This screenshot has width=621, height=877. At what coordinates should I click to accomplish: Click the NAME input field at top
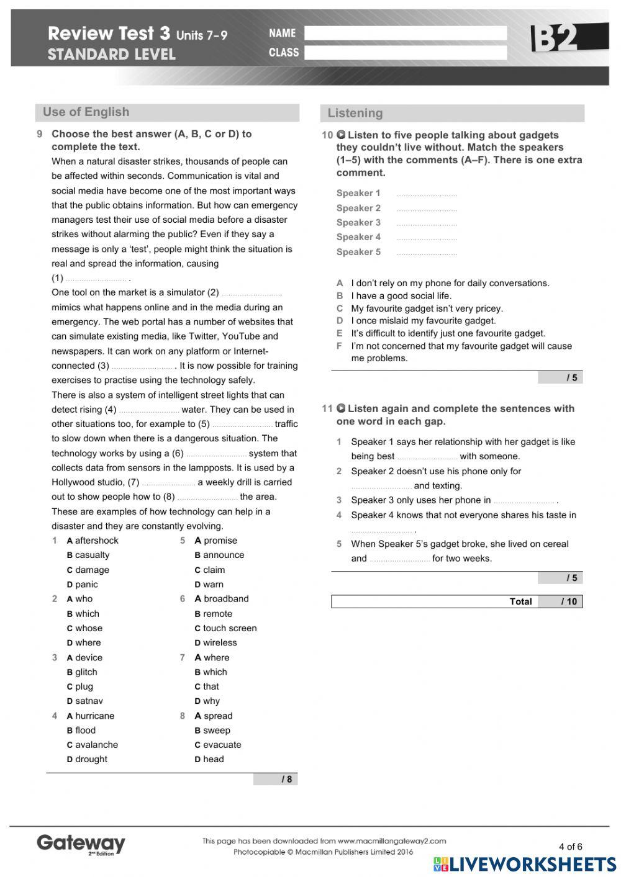click(x=405, y=34)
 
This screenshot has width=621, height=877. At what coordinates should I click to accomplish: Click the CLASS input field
click(x=405, y=53)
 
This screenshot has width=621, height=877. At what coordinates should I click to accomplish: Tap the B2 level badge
click(x=568, y=38)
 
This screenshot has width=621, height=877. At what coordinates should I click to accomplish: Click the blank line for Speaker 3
click(x=427, y=223)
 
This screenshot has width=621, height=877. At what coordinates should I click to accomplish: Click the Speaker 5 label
click(x=358, y=252)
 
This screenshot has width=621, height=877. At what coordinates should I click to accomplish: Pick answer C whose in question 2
click(x=84, y=628)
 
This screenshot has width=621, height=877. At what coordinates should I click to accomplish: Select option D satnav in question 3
click(x=85, y=701)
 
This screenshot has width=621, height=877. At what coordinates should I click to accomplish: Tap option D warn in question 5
click(x=209, y=585)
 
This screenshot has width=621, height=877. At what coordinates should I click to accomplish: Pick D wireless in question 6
click(x=215, y=643)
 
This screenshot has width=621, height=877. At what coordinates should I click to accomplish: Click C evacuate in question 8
click(x=218, y=745)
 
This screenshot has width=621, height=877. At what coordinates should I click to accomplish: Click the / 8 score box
click(x=276, y=780)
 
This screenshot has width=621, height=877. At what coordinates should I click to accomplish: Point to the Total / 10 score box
click(x=560, y=601)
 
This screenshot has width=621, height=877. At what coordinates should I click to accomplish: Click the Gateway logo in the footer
click(x=81, y=844)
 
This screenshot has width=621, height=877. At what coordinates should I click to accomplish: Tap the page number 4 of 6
click(x=570, y=847)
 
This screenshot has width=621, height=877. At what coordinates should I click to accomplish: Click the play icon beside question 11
click(x=341, y=408)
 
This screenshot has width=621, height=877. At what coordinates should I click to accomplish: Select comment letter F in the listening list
click(x=340, y=346)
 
